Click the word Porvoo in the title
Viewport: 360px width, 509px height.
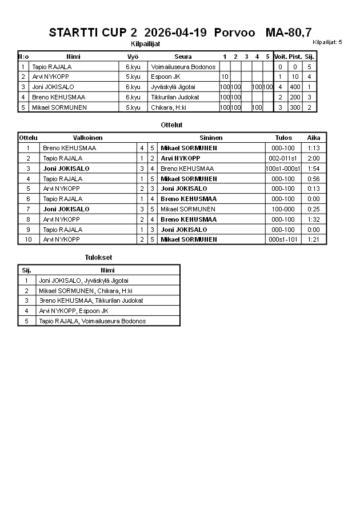coord(234,33)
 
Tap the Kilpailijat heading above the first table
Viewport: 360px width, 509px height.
coord(146,43)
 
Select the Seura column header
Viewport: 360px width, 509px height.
coord(183,57)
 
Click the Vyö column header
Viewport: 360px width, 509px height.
coord(133,57)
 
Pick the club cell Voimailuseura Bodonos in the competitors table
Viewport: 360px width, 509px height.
coord(183,67)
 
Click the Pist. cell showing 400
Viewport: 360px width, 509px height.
coord(295,87)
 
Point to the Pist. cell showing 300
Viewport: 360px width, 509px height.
coord(295,107)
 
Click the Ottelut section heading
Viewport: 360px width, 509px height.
coord(172,125)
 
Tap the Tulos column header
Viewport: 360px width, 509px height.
coord(283,138)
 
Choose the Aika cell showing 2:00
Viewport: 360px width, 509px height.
coord(313,158)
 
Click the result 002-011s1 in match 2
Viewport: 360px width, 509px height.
coord(283,158)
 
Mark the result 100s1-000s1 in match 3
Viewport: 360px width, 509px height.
coord(283,169)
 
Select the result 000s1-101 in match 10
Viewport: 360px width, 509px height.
coord(283,239)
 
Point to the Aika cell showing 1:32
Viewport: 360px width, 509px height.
coord(313,219)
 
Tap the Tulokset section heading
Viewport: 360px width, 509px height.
coord(98,258)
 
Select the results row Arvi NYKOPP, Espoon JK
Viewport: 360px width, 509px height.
coord(74,311)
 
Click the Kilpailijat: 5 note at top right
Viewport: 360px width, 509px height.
coord(327,42)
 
